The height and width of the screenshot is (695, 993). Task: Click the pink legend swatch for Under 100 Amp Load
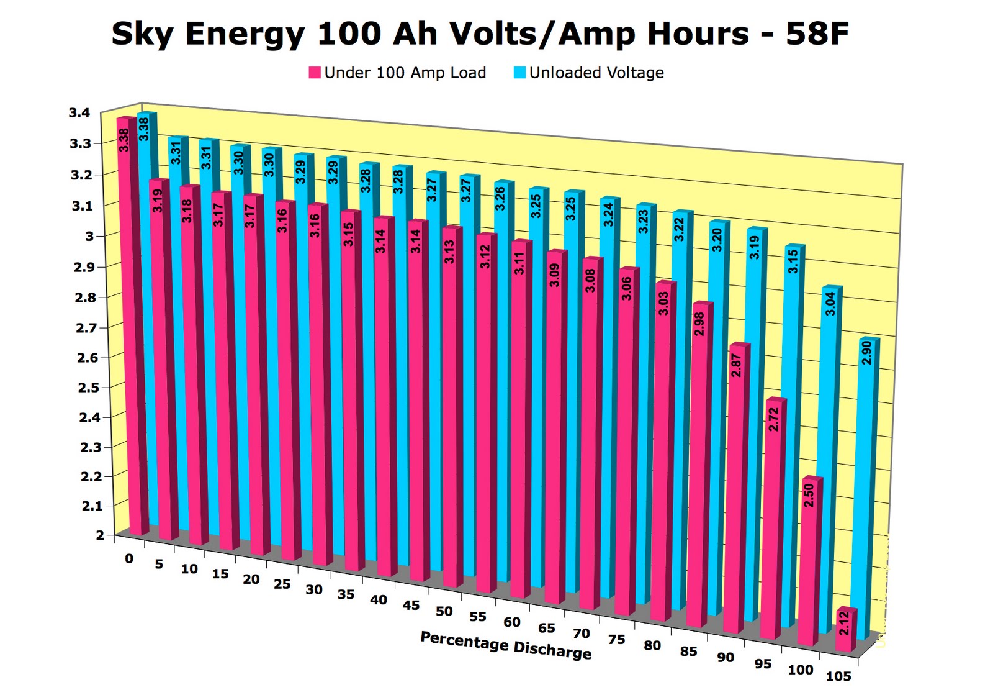315,73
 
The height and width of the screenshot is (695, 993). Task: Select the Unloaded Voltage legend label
596,73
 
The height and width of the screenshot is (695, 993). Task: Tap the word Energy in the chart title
245,34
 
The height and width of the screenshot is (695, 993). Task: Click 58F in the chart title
817,34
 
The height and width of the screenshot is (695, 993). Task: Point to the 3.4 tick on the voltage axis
79,112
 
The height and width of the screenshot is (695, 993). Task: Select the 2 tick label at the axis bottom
100,535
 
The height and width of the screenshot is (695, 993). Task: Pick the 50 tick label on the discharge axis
444,611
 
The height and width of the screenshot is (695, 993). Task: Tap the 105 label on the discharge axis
838,676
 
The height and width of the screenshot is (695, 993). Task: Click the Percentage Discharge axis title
506,645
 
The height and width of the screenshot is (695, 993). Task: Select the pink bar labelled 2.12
844,630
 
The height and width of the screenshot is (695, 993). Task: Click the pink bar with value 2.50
808,559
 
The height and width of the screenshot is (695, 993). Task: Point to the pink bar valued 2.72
773,516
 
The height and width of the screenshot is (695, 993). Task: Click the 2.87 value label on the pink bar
736,365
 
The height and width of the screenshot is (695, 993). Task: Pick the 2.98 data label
699,324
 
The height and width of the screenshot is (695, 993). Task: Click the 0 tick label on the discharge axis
129,558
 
